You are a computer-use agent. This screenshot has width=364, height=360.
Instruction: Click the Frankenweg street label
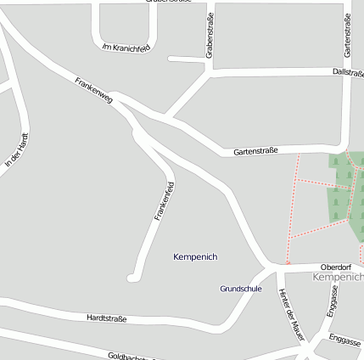pos(93,92)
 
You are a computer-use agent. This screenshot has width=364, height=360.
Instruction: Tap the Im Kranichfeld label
pos(125,48)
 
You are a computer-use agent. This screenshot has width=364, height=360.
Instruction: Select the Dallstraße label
pos(348,73)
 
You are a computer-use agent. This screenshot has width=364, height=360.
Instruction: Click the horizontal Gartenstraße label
pos(256,152)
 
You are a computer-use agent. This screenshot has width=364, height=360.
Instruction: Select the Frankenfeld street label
pos(165,201)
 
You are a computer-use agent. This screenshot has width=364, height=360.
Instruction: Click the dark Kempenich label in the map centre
pos(195,256)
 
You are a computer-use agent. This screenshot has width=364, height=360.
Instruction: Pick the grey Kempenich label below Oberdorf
pos(338,277)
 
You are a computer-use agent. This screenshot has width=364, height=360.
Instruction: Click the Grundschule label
pos(241,289)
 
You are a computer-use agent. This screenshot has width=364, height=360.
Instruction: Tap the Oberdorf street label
pos(336,266)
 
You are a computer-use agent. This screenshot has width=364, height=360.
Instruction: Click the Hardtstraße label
pos(106,318)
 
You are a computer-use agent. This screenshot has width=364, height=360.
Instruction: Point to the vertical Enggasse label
pos(332,301)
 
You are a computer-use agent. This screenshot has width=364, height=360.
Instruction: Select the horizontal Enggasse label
pos(345,340)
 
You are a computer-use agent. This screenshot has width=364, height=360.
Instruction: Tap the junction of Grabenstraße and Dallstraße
pos(209,73)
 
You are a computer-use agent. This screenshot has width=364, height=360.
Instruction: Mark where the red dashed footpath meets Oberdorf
pos(288,265)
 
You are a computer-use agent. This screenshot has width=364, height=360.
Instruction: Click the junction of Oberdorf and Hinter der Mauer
pos(276,269)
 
